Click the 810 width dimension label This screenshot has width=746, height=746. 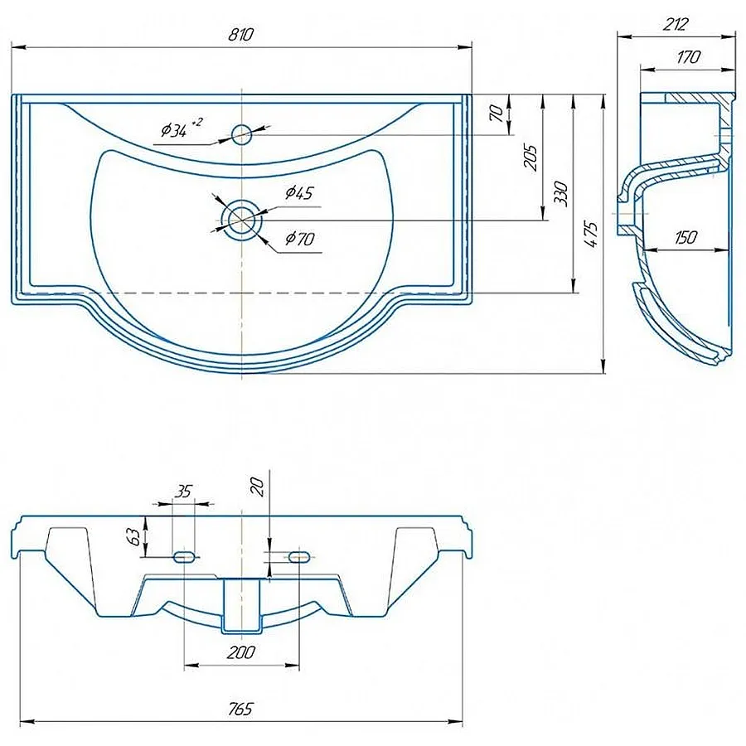[x=240, y=35]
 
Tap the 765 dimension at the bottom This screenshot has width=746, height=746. [x=240, y=709]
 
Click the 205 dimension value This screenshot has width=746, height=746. [x=530, y=157]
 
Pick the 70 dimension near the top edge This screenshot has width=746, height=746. [x=496, y=114]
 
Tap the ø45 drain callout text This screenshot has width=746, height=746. [x=299, y=192]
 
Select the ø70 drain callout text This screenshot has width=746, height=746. [x=300, y=238]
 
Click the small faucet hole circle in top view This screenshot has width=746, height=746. [x=242, y=134]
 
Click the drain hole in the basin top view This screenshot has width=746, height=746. [x=242, y=220]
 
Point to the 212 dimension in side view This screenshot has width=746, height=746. [x=675, y=23]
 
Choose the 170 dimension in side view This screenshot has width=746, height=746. [x=688, y=57]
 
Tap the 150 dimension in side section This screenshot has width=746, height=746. [x=685, y=237]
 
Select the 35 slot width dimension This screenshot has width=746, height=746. [x=182, y=491]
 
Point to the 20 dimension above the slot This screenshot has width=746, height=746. [x=258, y=487]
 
